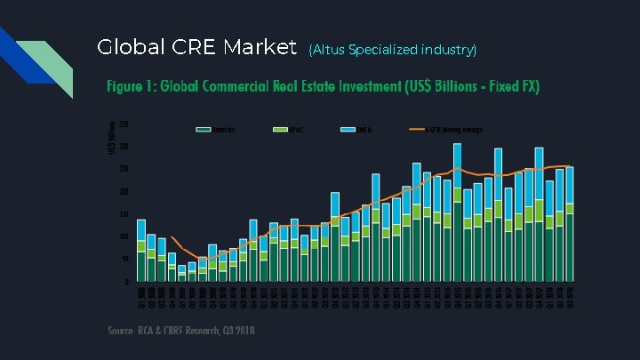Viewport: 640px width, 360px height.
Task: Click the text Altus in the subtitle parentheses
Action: (x=328, y=50)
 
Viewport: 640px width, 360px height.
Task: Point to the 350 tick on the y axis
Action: (x=124, y=124)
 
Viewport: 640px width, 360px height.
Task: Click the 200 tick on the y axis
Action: (x=124, y=192)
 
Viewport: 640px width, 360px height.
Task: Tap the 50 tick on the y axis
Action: (x=125, y=260)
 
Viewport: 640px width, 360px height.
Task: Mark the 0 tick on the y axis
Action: (x=127, y=283)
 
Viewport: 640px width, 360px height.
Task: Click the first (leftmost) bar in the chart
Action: (x=141, y=250)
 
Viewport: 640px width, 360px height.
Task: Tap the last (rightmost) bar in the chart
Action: (x=570, y=224)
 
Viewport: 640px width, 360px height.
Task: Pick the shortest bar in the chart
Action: (x=182, y=273)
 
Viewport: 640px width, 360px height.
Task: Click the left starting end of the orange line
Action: (x=172, y=237)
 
